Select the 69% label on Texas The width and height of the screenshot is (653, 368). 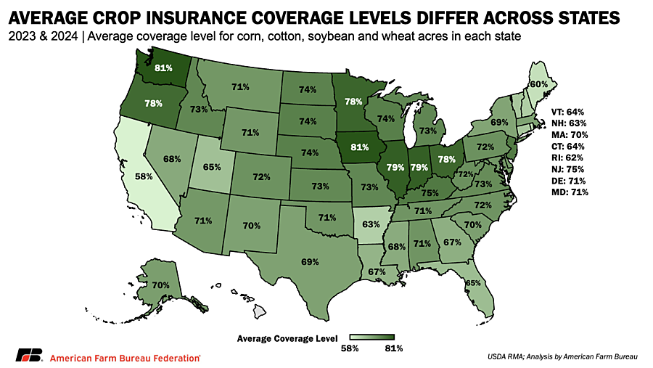tap(311, 261)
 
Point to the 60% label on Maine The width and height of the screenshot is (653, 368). tap(538, 84)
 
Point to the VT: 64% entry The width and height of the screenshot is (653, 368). tap(569, 112)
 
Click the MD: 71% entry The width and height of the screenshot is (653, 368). tap(569, 192)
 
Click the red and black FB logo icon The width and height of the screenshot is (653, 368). tap(29, 356)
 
